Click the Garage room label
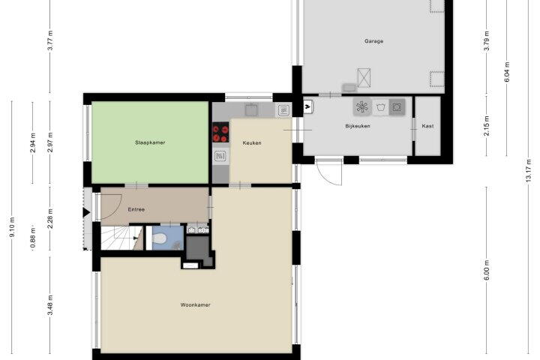click(x=373, y=41)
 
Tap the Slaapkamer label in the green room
click(x=150, y=142)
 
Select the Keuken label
click(x=252, y=142)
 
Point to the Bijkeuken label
click(x=358, y=126)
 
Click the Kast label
click(x=427, y=126)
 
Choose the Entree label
click(x=136, y=209)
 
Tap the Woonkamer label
click(x=195, y=305)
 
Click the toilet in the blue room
click(x=160, y=238)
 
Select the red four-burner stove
click(x=220, y=132)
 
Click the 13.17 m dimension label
click(x=529, y=171)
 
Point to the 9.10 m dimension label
click(x=12, y=226)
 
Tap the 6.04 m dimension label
click(x=507, y=72)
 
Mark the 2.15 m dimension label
click(x=487, y=126)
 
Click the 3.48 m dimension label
click(x=50, y=305)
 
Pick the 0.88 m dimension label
click(x=33, y=238)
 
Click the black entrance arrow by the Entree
click(x=86, y=212)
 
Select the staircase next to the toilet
click(x=121, y=238)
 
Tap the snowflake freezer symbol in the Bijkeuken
click(x=362, y=107)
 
